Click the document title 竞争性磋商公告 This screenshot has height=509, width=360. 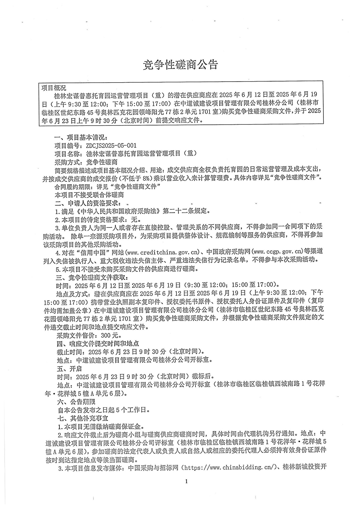pyautogui.click(x=180, y=64)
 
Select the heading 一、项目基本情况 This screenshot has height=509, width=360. pyautogui.click(x=79, y=137)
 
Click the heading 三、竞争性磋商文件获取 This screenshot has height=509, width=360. pyautogui.click(x=90, y=277)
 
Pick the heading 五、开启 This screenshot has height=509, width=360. pyautogui.click(x=69, y=369)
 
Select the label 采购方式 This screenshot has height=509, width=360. pyautogui.click(x=68, y=162)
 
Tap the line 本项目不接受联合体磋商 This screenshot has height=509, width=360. pyautogui.click(x=89, y=194)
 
